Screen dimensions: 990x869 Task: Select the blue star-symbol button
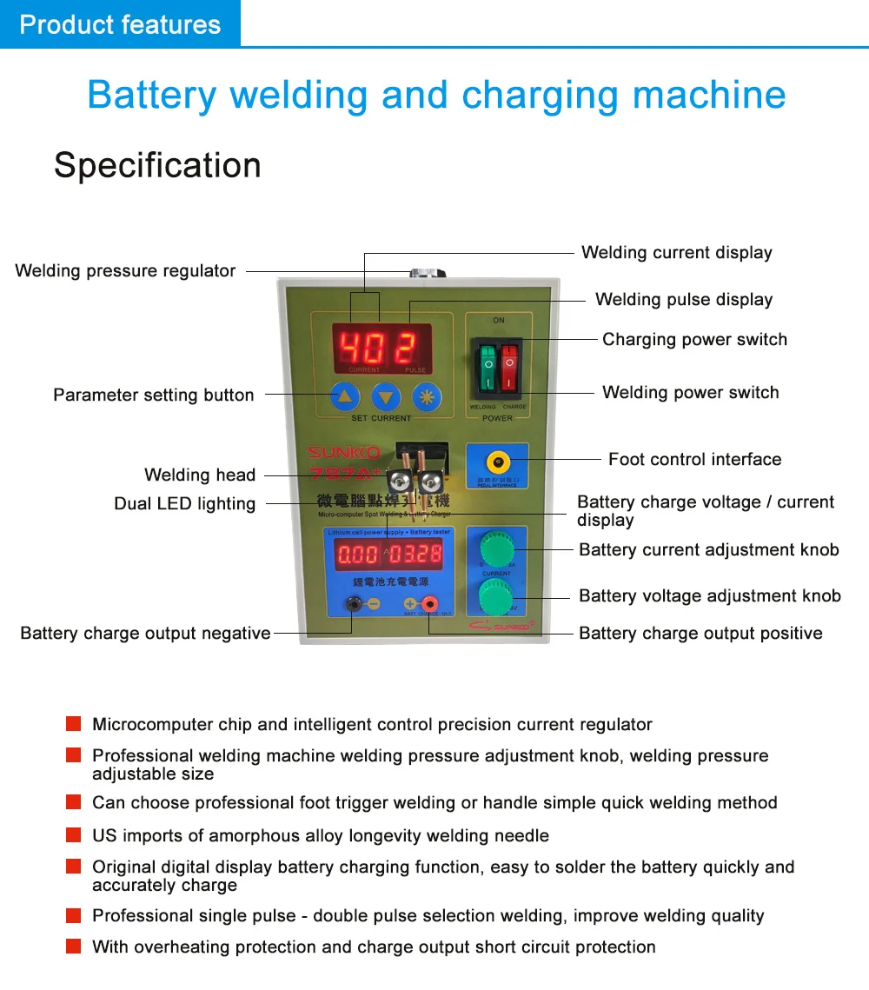427,398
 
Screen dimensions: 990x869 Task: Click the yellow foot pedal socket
498,460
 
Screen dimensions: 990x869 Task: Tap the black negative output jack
354,603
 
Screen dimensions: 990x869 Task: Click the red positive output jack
428,603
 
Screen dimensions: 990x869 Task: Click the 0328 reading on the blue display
415,554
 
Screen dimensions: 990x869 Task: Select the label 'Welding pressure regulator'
125,271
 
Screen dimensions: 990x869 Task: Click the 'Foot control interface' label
694,460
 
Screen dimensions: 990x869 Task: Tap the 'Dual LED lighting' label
184,504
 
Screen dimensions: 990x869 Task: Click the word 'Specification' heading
157,165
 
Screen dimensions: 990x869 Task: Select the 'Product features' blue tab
120,24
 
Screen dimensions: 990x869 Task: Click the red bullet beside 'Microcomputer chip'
74,724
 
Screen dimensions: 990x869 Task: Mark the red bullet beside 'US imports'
74,835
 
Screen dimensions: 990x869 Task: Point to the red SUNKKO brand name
344,453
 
